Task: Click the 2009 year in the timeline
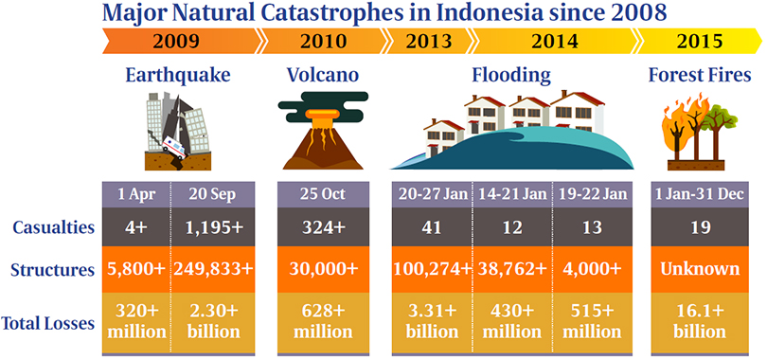point(176,41)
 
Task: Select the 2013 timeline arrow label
point(428,41)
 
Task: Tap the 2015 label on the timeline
point(699,41)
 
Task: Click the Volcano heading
point(322,75)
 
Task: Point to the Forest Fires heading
point(700,76)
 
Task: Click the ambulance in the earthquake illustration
point(173,146)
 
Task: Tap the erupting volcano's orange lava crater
point(322,117)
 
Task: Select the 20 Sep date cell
point(213,194)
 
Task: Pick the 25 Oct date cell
point(322,194)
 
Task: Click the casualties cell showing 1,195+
point(213,227)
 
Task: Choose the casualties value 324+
point(322,227)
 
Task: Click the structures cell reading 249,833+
point(213,269)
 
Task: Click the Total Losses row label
point(47,323)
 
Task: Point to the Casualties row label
point(53,227)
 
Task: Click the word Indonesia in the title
point(490,13)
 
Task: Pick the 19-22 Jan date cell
point(593,194)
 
